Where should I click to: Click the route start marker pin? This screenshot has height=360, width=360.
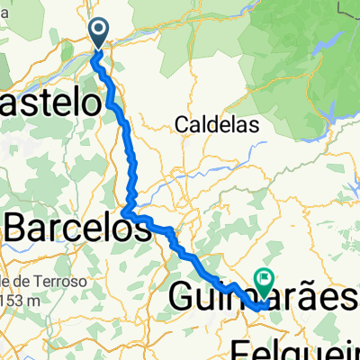[99, 33]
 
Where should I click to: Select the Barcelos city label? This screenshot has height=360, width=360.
[77, 229]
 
